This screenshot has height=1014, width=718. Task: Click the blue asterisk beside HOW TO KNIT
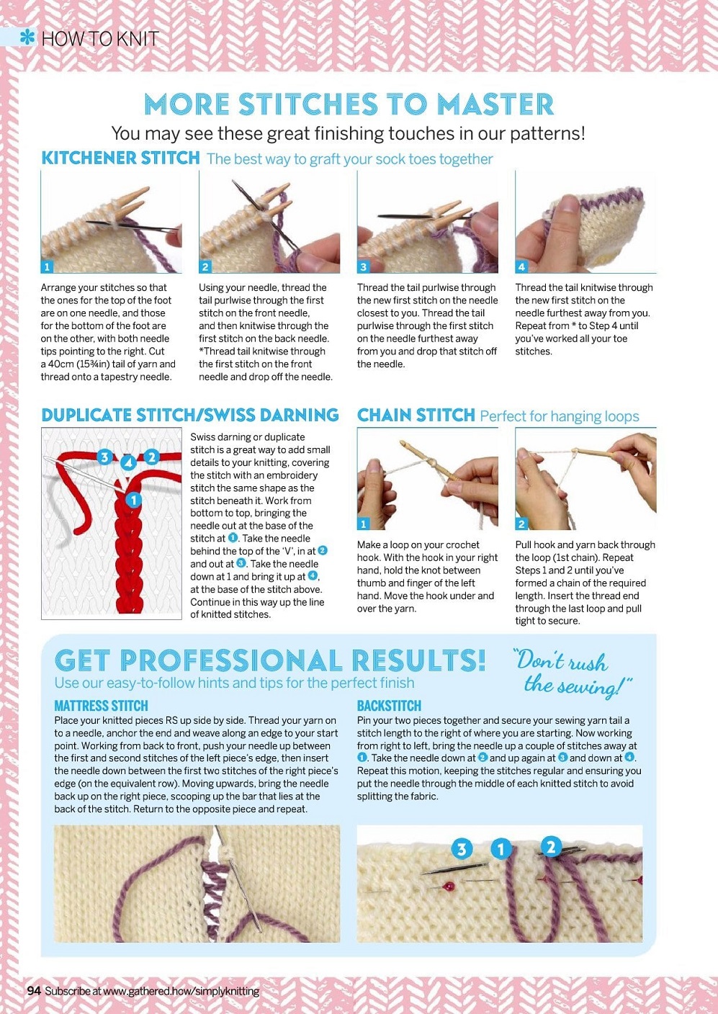click(28, 37)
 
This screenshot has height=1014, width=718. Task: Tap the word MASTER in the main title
click(495, 104)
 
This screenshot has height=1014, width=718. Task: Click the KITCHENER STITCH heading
click(120, 158)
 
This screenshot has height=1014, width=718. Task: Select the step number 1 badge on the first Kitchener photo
click(47, 267)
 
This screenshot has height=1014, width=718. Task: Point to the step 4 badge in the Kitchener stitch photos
click(521, 267)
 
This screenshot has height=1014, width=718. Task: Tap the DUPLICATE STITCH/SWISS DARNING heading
click(190, 415)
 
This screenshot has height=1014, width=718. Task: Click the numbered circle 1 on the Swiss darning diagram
click(133, 501)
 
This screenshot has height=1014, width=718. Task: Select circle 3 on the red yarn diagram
click(104, 457)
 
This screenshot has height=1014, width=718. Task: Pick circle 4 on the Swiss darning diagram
click(129, 462)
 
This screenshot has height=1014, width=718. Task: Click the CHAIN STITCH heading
click(416, 415)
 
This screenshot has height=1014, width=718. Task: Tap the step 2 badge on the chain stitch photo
click(521, 524)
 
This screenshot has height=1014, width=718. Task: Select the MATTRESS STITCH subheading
click(101, 706)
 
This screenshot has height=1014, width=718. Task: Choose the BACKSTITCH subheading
click(389, 706)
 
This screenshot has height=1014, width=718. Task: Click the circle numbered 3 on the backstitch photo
click(462, 849)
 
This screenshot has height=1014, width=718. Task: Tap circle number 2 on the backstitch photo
click(550, 846)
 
